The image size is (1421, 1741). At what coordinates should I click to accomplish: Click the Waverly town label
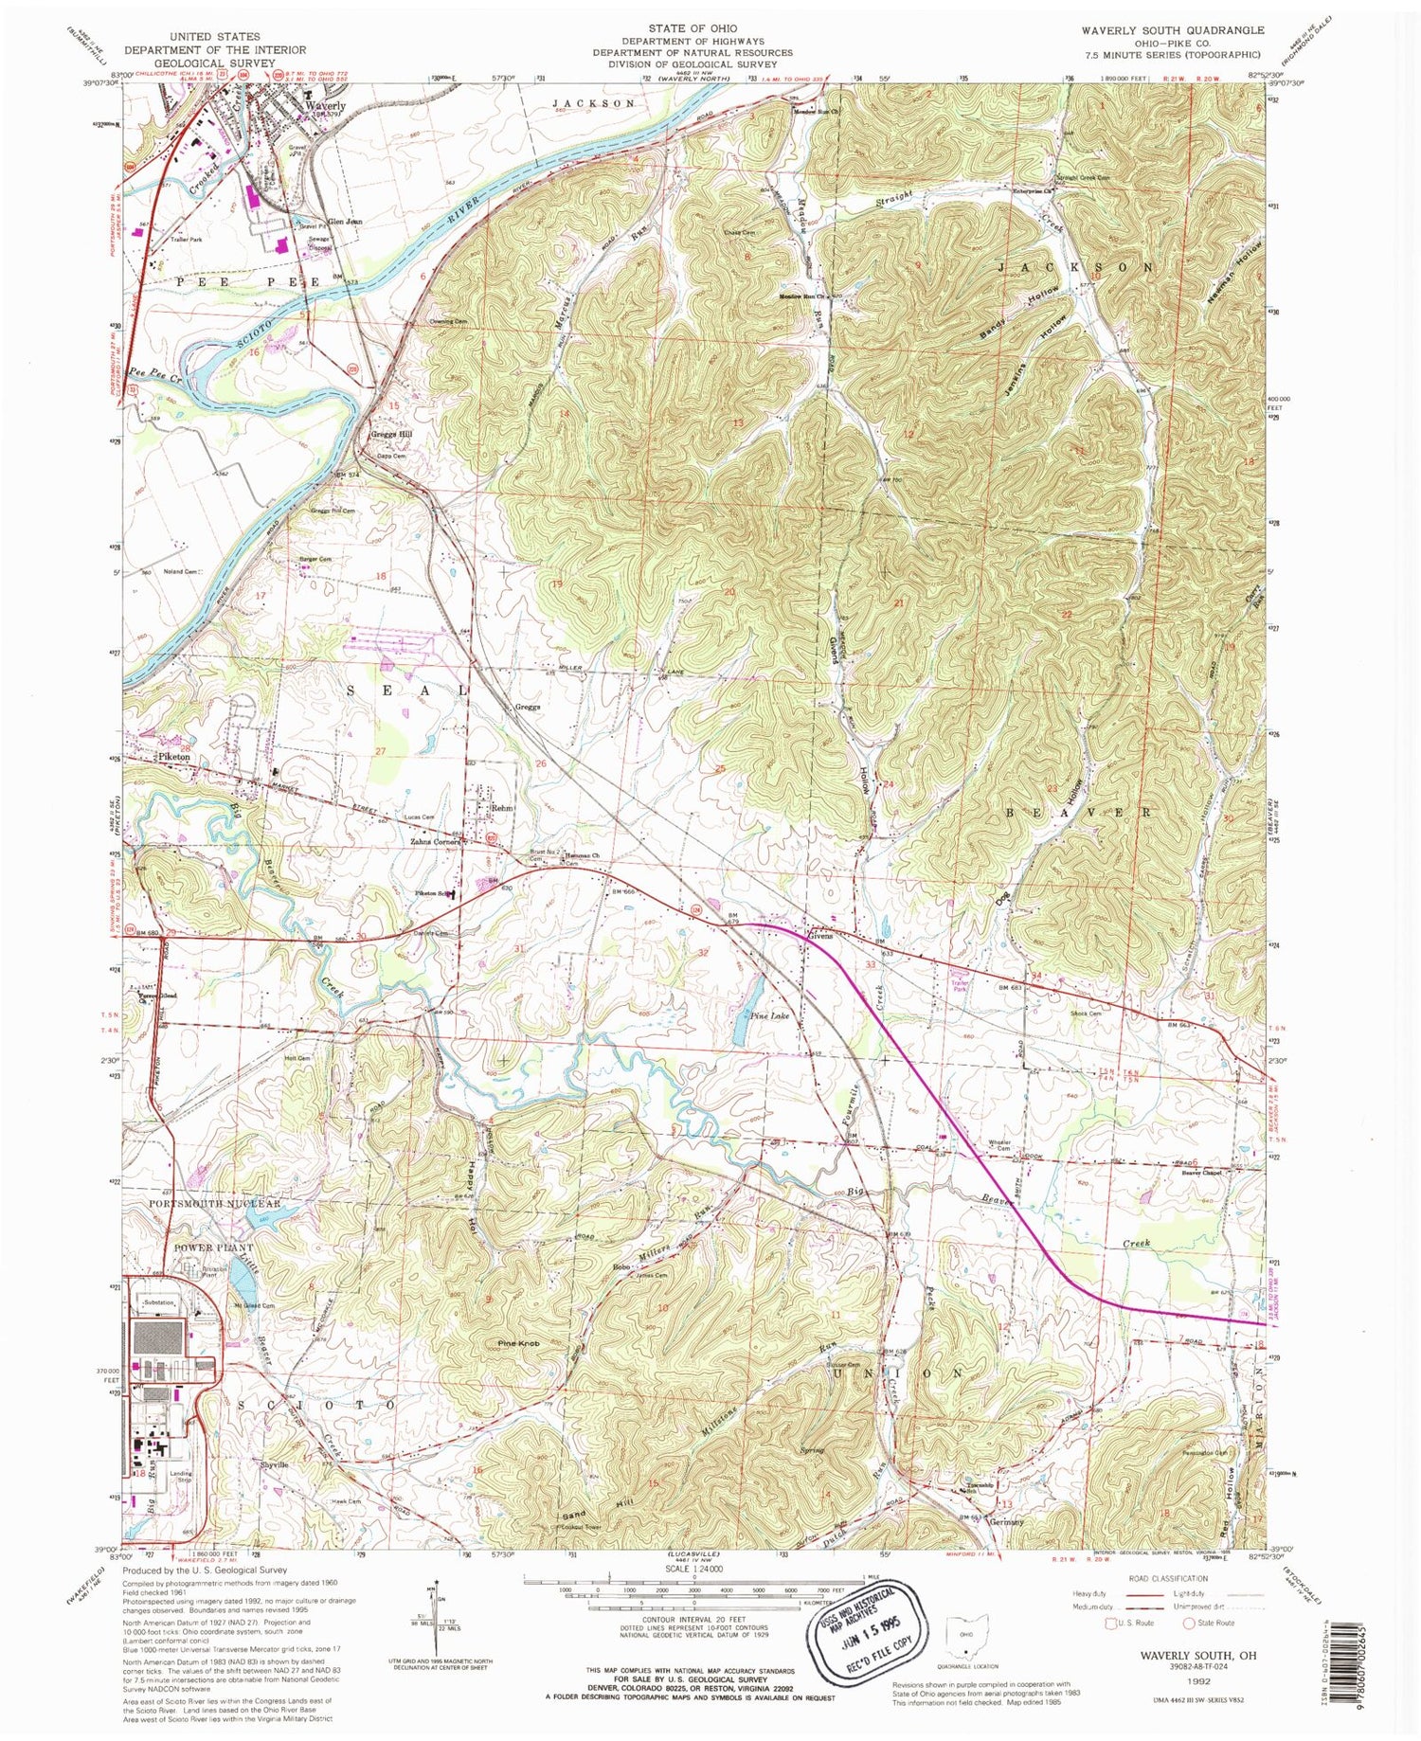click(x=324, y=106)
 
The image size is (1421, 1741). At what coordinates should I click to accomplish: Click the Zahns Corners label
click(x=435, y=841)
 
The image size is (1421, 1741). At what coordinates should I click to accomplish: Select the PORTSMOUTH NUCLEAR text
click(x=215, y=1203)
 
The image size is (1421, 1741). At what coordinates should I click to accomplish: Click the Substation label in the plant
click(x=157, y=1303)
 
